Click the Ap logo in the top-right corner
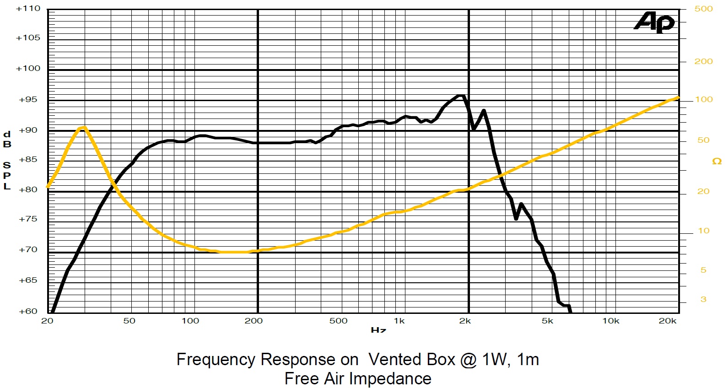tap(654, 22)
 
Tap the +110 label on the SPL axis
tap(28, 8)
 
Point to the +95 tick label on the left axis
tap(28, 99)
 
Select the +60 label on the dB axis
tap(28, 311)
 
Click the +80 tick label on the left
tap(28, 189)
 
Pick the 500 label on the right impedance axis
tap(703, 9)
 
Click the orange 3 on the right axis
tap(703, 299)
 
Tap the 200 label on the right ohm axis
tap(703, 61)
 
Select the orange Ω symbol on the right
tap(717, 161)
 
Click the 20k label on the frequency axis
tap(667, 321)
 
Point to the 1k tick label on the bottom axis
tap(399, 321)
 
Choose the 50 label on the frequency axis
tap(129, 321)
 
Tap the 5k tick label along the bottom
tap(547, 321)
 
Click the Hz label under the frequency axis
tap(378, 329)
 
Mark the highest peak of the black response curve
tap(461, 96)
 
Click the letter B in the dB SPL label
tap(7, 144)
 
